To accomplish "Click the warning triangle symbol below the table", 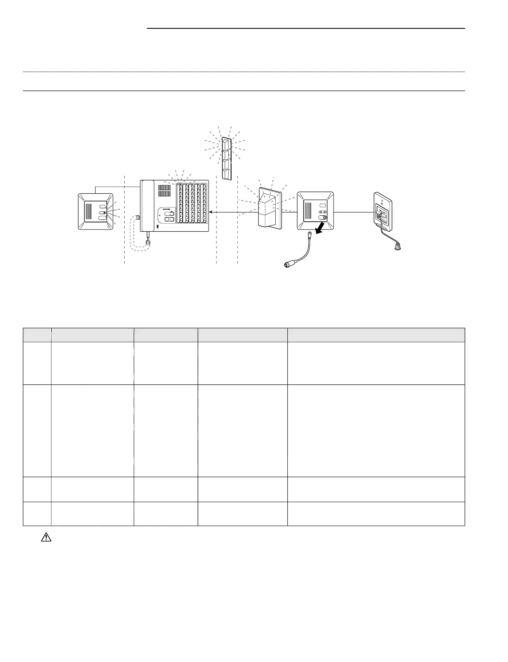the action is click(x=46, y=538).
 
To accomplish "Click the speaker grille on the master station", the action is click(x=164, y=192).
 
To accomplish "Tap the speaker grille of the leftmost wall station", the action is click(x=91, y=211).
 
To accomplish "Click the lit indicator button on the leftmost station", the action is click(x=104, y=212).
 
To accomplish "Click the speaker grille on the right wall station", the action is click(x=308, y=211).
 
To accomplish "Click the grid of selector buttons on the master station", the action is click(x=191, y=203).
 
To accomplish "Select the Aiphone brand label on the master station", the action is click(x=168, y=210).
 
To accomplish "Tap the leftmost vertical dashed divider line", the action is click(x=125, y=220).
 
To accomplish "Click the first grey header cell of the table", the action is click(x=37, y=335).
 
